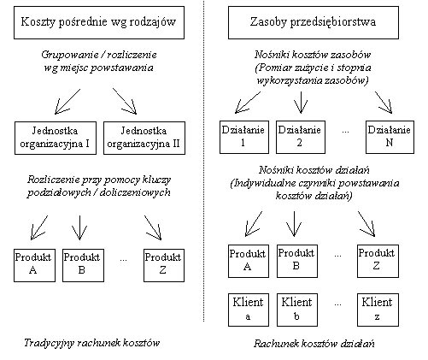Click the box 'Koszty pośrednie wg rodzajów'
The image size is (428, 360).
click(99, 22)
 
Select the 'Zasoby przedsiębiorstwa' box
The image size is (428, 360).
click(314, 22)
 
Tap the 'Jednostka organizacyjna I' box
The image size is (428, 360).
click(56, 138)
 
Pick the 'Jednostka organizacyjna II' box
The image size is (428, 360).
click(144, 138)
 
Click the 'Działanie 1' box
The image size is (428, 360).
click(244, 137)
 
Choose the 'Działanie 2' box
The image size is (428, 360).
click(301, 137)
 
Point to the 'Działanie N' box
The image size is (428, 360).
click(390, 137)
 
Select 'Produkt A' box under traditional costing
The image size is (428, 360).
click(34, 265)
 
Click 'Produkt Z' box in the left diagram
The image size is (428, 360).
click(164, 265)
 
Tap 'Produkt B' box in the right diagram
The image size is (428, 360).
click(297, 261)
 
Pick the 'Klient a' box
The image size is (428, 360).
click(249, 310)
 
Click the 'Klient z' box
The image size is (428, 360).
click(378, 310)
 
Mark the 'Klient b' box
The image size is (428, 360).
click(297, 310)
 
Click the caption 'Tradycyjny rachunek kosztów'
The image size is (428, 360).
click(91, 343)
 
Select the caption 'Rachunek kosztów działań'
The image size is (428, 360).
click(314, 344)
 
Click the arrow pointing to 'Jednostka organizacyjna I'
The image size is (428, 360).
click(67, 102)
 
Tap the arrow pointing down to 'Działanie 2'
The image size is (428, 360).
click(301, 103)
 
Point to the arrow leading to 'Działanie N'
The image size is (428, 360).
click(384, 103)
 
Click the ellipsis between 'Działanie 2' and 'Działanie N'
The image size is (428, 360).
click(345, 132)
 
